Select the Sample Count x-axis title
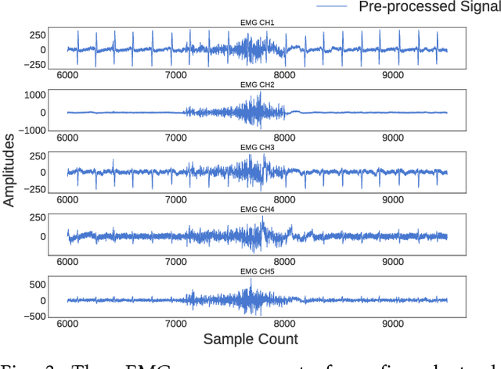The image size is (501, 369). [x=250, y=339]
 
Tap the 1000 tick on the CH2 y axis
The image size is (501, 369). [x=31, y=95]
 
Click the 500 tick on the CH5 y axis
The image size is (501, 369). [x=34, y=285]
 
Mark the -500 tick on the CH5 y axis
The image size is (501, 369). [x=31, y=316]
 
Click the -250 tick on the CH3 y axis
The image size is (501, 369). [x=31, y=190]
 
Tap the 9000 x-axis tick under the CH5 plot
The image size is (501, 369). [x=392, y=322]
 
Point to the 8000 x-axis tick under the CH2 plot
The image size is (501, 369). [x=284, y=137]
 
